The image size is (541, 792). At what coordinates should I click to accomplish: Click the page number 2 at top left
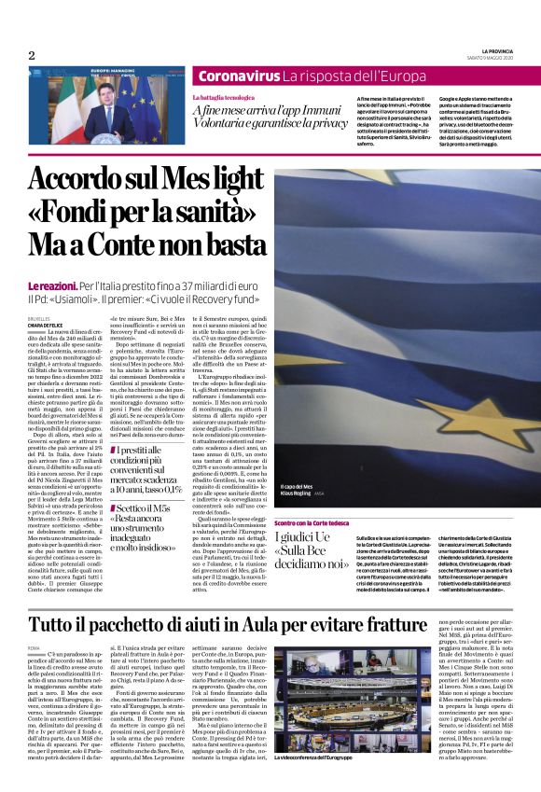(x=32, y=55)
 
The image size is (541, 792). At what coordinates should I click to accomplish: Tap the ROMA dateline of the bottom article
(x=35, y=646)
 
